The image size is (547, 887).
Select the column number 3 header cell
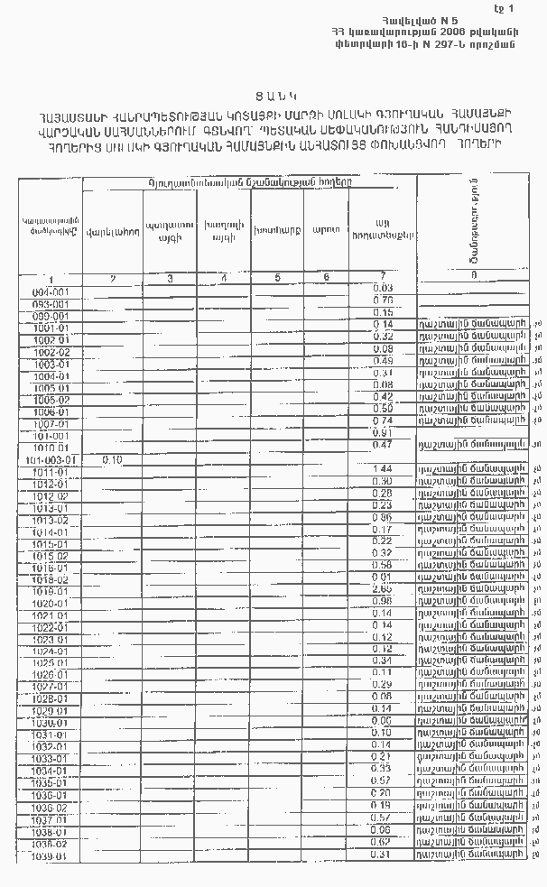tap(172, 277)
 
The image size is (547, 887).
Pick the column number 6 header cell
tap(326, 277)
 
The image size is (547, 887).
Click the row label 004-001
tap(50, 292)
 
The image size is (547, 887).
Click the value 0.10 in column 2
tap(113, 459)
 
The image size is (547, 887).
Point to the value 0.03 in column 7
tap(383, 287)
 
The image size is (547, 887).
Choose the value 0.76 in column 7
tap(383, 300)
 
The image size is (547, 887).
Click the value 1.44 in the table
tap(383, 469)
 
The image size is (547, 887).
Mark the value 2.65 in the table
tap(383, 588)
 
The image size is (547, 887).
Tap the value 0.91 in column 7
tap(383, 432)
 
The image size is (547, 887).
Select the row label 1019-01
tap(50, 591)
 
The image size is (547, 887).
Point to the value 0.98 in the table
tap(383, 601)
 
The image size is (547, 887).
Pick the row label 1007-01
tap(50, 424)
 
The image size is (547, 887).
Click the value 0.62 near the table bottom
tap(383, 841)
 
